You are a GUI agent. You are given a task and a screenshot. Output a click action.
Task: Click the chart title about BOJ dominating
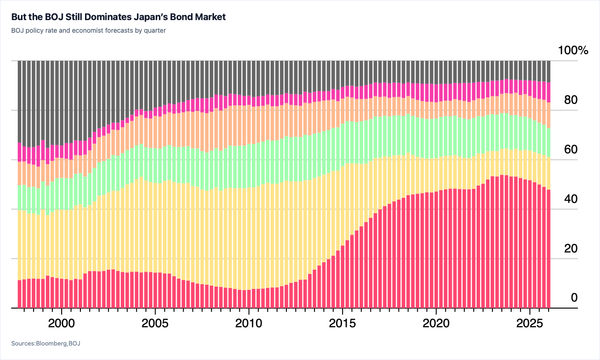point(118,17)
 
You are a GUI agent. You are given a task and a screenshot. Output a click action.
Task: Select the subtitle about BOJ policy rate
point(88,30)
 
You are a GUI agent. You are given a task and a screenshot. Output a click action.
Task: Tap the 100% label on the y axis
point(573,50)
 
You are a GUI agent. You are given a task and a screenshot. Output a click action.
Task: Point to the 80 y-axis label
point(571,100)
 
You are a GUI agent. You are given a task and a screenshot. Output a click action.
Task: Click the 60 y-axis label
point(571,150)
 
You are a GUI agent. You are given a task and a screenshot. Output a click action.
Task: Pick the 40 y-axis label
point(571,199)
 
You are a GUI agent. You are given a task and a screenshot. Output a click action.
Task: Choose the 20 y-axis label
point(571,248)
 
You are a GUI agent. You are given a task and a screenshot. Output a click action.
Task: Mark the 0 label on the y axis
point(574,297)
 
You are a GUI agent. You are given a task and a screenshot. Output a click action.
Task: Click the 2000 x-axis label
point(61,324)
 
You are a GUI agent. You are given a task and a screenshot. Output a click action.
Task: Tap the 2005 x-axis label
point(155,324)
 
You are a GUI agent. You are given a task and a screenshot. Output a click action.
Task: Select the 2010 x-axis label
point(249,324)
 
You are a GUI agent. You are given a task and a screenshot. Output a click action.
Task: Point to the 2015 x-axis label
point(343,324)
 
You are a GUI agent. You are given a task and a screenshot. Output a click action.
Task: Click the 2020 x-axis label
point(436,324)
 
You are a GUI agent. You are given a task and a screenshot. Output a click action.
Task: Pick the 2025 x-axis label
point(529,324)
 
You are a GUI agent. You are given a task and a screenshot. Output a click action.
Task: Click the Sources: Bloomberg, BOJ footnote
point(46,343)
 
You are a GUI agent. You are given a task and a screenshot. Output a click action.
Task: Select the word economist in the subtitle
point(87,30)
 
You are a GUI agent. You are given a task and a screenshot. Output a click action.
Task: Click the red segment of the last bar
point(548,249)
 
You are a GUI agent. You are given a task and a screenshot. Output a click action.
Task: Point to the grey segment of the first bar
point(20,101)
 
